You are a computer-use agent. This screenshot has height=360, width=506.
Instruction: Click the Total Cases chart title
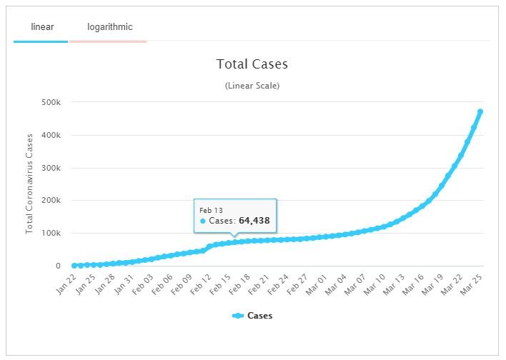point(252,64)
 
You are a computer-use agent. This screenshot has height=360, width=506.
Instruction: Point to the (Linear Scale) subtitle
point(252,86)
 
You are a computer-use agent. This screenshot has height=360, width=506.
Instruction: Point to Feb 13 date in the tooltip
point(211,209)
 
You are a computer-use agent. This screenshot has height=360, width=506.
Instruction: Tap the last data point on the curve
point(480,111)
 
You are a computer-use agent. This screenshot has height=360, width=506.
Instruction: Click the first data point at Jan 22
point(74,266)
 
